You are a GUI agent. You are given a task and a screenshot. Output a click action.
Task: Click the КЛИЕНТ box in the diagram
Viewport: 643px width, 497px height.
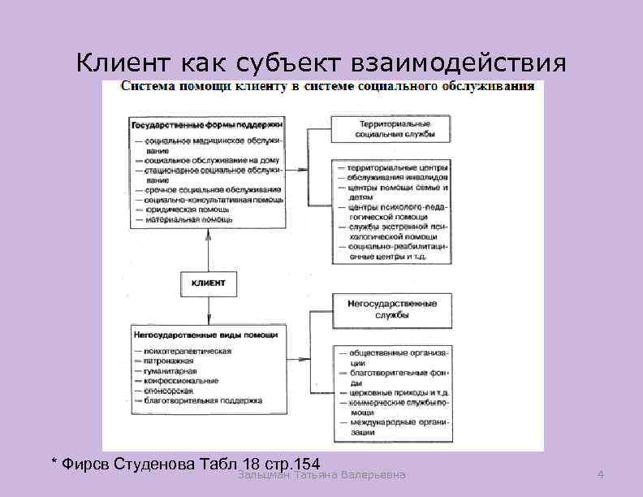tap(209, 283)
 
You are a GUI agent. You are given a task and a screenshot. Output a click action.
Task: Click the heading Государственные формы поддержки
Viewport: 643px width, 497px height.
tap(206, 126)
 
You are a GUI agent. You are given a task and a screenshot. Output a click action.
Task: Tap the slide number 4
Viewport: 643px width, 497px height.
tap(599, 474)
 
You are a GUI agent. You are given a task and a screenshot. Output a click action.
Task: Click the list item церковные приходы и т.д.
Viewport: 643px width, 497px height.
tap(398, 392)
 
